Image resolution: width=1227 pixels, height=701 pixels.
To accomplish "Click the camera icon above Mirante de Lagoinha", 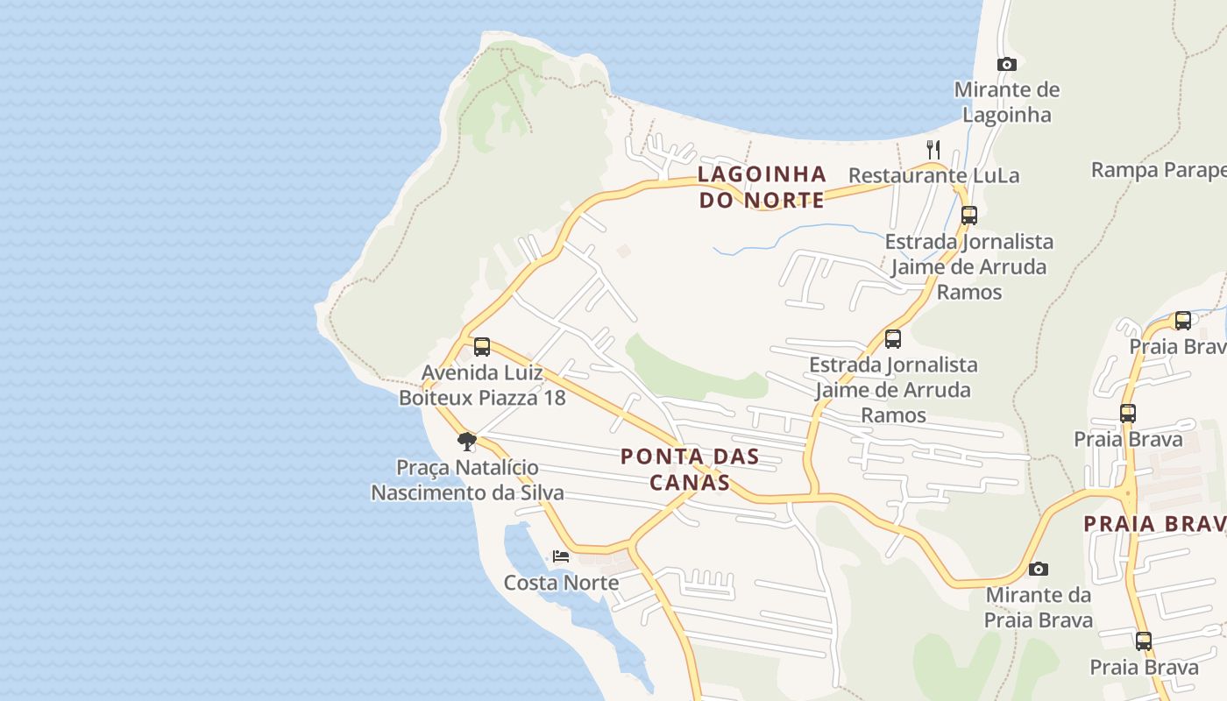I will click(1006, 64).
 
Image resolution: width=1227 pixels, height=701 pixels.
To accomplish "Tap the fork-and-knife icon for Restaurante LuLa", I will click(933, 150).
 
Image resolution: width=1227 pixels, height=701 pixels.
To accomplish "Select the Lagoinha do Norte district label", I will click(762, 187).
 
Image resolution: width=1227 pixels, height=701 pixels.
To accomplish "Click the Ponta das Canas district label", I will click(689, 469).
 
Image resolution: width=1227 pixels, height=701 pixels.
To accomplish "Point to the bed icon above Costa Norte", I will click(561, 556).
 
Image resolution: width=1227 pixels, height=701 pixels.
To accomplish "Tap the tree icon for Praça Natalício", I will click(467, 441).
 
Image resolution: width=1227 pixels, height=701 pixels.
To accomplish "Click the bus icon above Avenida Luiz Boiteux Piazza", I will click(482, 346).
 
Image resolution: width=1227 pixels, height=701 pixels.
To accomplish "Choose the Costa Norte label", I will click(561, 583).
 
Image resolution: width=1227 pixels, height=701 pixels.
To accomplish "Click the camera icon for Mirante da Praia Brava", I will click(1038, 569).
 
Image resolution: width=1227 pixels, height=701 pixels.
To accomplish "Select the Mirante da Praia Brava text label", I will click(1039, 607).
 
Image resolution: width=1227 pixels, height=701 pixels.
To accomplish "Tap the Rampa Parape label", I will click(1157, 170).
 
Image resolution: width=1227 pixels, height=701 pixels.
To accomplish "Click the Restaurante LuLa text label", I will click(933, 175).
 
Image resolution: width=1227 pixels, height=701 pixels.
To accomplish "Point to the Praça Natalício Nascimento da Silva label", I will click(467, 480).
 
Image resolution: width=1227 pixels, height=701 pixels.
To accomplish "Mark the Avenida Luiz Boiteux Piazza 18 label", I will click(482, 385).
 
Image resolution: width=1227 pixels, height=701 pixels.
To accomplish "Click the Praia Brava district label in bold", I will click(1153, 524).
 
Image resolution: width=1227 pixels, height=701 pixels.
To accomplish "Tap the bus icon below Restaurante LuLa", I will click(968, 215).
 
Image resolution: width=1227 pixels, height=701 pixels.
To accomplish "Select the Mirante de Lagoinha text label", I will click(1006, 102).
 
